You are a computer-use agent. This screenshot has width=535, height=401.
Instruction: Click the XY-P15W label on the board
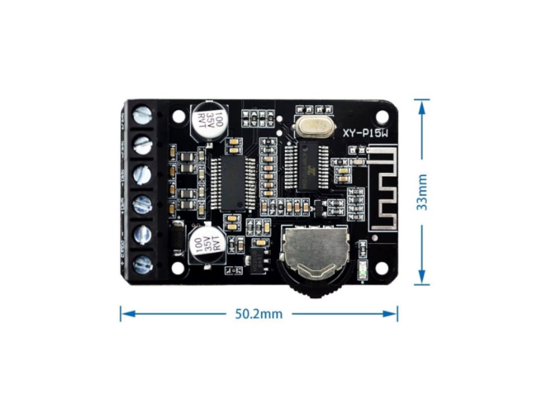click(x=365, y=134)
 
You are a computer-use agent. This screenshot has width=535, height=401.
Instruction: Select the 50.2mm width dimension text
click(x=258, y=314)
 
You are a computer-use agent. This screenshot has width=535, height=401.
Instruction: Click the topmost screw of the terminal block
click(x=142, y=114)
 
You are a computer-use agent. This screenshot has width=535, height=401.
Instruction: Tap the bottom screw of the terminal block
click(x=142, y=264)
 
